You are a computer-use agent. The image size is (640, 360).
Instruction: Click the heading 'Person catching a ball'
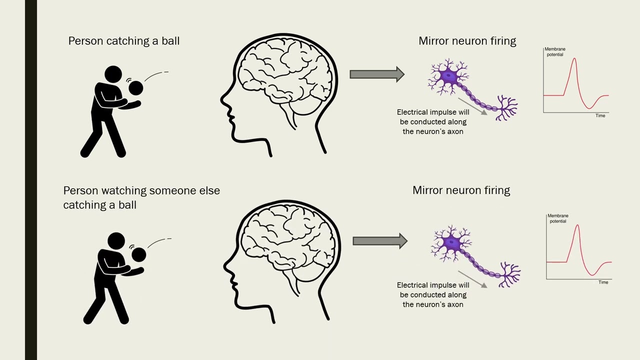click(123, 41)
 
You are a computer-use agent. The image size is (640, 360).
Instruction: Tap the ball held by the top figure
click(135, 88)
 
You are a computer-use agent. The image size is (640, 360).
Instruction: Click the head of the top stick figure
click(113, 74)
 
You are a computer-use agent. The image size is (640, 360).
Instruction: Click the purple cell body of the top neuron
click(448, 76)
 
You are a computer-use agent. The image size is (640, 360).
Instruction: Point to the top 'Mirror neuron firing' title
click(467, 41)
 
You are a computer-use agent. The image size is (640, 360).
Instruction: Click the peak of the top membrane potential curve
click(574, 58)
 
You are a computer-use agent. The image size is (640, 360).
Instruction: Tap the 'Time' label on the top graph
click(600, 115)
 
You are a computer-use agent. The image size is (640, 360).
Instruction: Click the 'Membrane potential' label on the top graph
click(554, 52)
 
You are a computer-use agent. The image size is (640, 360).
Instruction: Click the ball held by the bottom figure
click(138, 255)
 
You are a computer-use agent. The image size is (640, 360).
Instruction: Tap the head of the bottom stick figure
click(116, 241)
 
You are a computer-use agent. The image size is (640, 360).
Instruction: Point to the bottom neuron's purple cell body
click(452, 243)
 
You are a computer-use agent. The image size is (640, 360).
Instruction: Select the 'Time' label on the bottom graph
click(603, 282)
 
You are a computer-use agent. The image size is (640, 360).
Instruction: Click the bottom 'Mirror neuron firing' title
click(461, 190)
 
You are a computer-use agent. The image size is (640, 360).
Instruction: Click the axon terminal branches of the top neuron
click(506, 107)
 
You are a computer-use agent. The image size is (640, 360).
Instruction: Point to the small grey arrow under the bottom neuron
click(472, 279)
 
